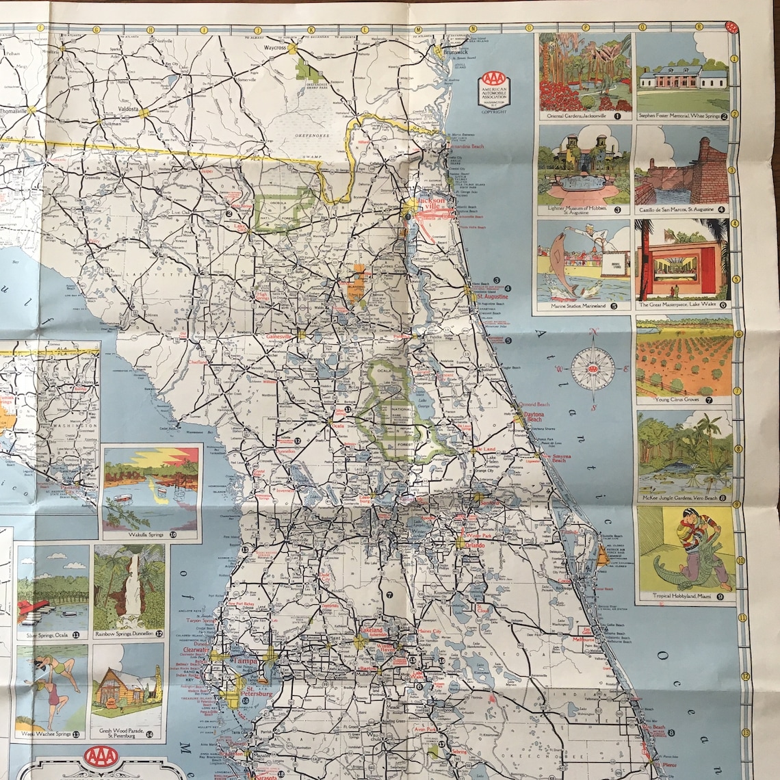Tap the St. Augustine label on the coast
click(x=493, y=297)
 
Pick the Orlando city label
click(x=475, y=545)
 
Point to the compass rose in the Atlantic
click(x=593, y=369)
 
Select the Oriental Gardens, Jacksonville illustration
click(x=584, y=72)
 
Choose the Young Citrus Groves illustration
click(x=684, y=357)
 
